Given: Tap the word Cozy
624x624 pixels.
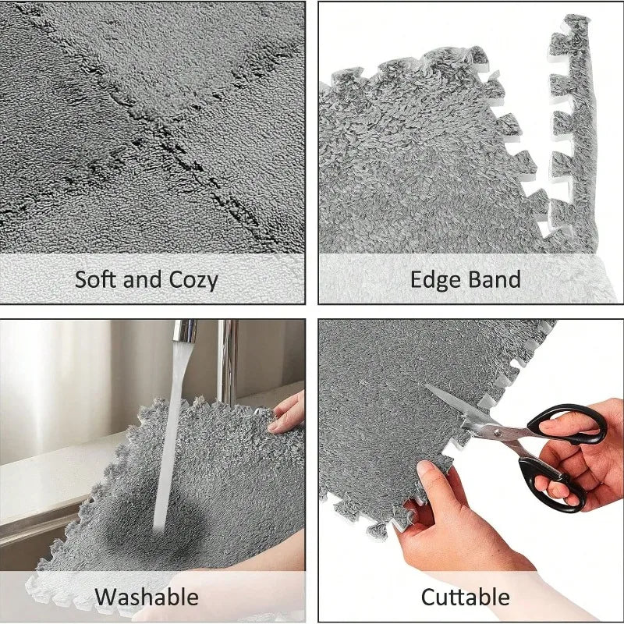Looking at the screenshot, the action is (193, 280).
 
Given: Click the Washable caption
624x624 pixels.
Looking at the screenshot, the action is (147, 597).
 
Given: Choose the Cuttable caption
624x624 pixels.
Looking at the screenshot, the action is (465, 597).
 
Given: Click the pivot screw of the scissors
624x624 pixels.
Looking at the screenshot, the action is (496, 431).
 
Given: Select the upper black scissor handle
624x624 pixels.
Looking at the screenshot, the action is (567, 424).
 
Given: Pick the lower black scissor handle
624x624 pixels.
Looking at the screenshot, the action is (552, 484).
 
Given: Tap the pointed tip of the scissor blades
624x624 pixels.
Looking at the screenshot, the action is (425, 385).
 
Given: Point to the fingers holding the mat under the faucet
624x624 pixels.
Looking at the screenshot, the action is (287, 415).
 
